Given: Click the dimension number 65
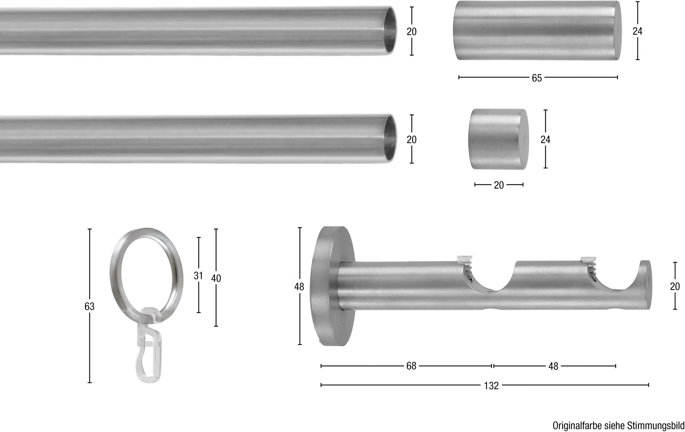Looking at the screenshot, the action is [x=536, y=78].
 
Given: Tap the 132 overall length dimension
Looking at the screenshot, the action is [x=491, y=386].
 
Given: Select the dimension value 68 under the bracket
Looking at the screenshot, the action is [x=411, y=366].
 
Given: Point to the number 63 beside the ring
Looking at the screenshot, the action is [x=89, y=306].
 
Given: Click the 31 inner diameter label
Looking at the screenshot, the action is [x=198, y=276].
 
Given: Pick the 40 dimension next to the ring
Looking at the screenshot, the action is [x=216, y=278].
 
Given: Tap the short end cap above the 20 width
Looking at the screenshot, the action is [x=498, y=139].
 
